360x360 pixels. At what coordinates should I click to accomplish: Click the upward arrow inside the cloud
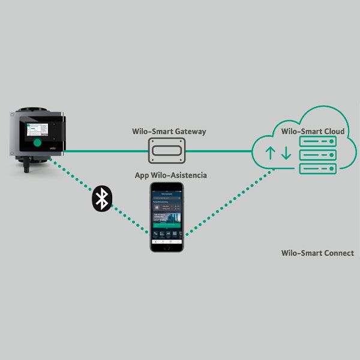point(271,152)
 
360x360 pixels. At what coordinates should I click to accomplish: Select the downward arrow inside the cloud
point(286,152)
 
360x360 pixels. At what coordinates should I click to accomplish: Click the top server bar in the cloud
point(316,142)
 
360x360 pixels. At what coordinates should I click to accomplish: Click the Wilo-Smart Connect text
point(317,253)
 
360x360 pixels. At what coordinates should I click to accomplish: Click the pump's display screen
point(37,130)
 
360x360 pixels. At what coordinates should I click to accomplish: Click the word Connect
point(337,253)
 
